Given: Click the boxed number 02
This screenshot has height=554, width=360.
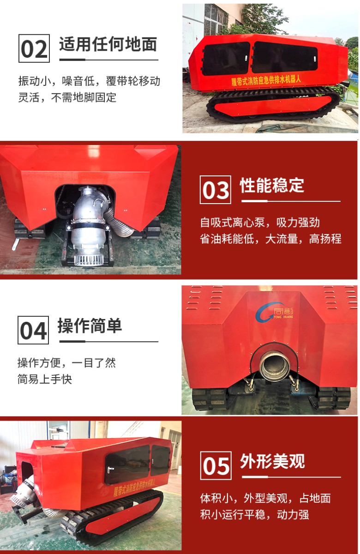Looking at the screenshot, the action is point(34,48).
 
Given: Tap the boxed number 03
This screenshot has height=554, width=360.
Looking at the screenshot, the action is point(216,190).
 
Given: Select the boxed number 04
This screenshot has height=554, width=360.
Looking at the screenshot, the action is point(33,330).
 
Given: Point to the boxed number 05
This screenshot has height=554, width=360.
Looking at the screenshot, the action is point(216,465).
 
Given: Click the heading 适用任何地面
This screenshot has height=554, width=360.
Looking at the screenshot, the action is point(108,44).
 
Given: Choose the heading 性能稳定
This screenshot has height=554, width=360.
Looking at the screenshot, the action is point(272,185).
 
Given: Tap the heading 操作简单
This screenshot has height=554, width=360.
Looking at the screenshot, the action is point(90,326).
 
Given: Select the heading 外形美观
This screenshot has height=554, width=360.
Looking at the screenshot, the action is point(272,461).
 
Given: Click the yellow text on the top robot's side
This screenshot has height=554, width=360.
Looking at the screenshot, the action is point(266,80).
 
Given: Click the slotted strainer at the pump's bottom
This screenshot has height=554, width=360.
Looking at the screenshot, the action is point(88,259).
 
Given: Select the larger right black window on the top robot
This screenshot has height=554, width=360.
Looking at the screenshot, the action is point(285,57).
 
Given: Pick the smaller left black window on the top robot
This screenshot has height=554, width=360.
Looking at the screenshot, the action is point(226,59).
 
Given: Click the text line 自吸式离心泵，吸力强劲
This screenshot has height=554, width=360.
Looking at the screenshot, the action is point(260,223).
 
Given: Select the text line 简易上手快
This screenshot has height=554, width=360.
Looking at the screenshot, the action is point(45,379).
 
